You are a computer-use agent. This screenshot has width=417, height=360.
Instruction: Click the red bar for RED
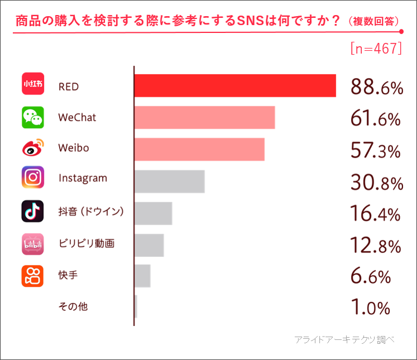235,86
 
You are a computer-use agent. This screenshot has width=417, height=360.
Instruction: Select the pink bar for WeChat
205,118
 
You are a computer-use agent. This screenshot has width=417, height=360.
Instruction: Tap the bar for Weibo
199,149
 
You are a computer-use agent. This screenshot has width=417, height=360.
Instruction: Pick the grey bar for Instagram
169,181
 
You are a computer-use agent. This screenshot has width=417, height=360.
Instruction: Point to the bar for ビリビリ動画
149,245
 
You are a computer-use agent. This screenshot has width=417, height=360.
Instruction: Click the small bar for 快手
142,276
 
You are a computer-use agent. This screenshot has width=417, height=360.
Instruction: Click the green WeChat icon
32,118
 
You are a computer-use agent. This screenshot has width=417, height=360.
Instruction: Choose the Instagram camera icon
32,178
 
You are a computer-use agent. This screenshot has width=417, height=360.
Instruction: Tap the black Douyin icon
32,211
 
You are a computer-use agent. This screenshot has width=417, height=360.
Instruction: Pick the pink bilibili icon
32,244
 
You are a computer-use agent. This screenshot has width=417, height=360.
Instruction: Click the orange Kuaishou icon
32,276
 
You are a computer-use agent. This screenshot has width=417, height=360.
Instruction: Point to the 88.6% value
376,87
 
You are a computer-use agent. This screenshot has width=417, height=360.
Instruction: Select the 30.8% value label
376,182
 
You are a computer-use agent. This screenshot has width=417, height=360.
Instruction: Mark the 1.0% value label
370,308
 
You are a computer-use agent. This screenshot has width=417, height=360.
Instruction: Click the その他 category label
73,307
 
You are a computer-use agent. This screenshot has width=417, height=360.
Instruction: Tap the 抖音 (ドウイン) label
91,212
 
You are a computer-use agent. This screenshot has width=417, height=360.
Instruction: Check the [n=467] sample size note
376,48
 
